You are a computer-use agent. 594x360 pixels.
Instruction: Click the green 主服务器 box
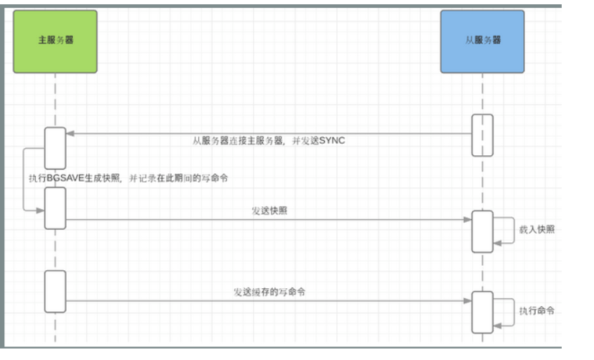coord(55,41)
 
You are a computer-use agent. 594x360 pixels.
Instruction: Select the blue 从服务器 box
coord(482,41)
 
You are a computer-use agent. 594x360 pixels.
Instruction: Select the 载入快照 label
coord(537,230)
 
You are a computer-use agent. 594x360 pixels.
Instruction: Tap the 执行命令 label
coord(537,311)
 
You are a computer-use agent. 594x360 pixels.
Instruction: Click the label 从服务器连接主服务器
coord(241,141)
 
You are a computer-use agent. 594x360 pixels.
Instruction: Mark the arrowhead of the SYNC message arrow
coord(70,134)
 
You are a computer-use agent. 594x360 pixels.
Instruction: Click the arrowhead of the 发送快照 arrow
coord(468,219)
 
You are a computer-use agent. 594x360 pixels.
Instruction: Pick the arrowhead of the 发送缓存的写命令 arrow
coord(468,301)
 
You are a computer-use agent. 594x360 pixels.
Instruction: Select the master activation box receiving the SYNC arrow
coord(55,148)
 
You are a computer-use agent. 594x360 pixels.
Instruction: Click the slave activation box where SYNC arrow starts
coord(482,134)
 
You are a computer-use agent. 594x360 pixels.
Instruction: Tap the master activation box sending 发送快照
coord(55,208)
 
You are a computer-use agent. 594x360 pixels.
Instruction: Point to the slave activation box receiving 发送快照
coord(482,231)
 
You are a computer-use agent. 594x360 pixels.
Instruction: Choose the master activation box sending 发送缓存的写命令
coord(55,291)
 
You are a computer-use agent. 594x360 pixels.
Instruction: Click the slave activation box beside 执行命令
coord(482,312)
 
